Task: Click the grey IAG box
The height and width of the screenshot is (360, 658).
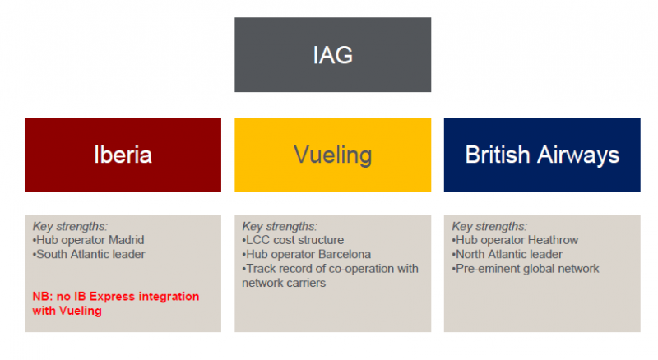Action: [x=333, y=54]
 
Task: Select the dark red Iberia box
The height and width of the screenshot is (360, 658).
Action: [x=123, y=155]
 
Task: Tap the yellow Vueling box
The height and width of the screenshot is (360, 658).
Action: [x=333, y=155]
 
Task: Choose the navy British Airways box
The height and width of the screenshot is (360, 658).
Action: [x=542, y=155]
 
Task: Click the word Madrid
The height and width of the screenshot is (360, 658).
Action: [x=127, y=240]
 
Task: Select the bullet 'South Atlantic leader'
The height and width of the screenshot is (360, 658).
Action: [x=89, y=254]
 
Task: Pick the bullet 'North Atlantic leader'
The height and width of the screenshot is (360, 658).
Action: [x=507, y=254]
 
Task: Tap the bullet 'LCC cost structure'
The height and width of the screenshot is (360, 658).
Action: [x=293, y=240]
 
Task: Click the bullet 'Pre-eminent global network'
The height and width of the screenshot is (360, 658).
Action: [x=526, y=269]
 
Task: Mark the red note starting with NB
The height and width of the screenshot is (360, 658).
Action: [x=116, y=303]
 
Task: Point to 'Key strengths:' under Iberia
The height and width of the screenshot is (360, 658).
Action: [x=70, y=227]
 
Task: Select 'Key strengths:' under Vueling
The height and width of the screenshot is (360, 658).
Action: [x=280, y=227]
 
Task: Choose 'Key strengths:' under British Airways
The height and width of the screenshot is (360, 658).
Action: [x=489, y=227]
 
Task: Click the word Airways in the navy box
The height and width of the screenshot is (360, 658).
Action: [x=578, y=155]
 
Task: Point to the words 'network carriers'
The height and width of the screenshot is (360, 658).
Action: [x=284, y=283]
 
